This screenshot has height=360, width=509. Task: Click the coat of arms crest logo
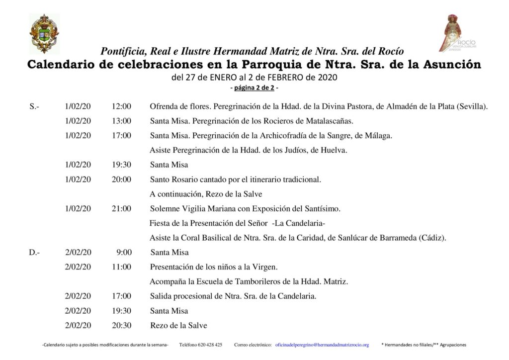(x=44, y=33)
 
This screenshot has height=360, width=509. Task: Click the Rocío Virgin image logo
(x=458, y=33)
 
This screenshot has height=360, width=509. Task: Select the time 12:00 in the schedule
(x=121, y=106)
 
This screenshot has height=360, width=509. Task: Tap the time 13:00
(x=121, y=121)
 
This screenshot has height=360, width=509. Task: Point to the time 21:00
(x=121, y=209)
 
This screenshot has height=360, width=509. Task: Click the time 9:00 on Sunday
(x=124, y=253)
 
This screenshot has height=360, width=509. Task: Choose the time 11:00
(x=121, y=267)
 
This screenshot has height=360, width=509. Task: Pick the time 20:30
(x=121, y=326)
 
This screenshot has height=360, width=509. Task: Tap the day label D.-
(x=34, y=253)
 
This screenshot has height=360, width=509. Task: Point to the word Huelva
(x=336, y=150)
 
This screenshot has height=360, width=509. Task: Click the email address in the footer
(x=322, y=345)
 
